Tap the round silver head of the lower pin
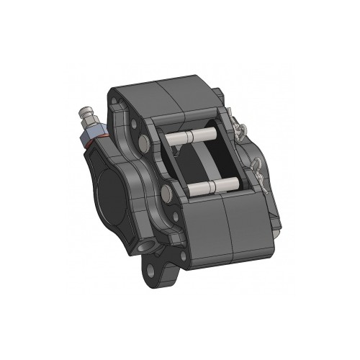(167, 192)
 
